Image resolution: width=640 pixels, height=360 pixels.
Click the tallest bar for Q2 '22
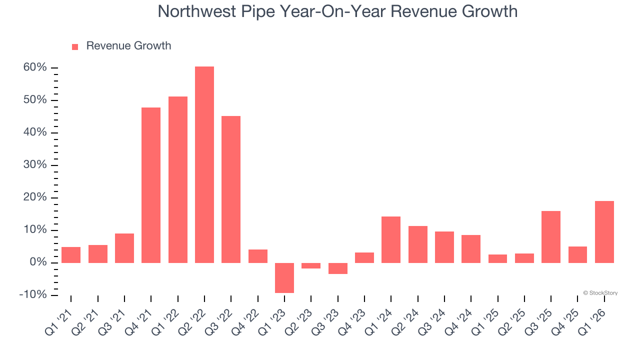[x=204, y=164]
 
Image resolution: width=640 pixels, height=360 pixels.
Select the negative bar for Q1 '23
[x=284, y=277]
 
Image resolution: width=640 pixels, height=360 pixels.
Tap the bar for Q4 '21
[x=151, y=185]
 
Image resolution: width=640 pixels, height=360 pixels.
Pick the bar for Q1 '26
[x=604, y=232]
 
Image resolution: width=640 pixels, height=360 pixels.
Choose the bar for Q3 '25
[x=551, y=237]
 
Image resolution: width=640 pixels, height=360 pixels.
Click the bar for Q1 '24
[x=391, y=239]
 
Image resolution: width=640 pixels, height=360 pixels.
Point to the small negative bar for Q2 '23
[x=311, y=266]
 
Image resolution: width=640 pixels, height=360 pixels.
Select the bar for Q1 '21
[x=71, y=255]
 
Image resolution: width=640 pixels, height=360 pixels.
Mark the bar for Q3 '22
[x=231, y=189]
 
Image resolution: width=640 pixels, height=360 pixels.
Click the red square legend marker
[x=75, y=46]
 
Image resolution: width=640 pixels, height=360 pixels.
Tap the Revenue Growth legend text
[x=128, y=46]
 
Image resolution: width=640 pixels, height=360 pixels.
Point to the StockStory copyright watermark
[x=600, y=293]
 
